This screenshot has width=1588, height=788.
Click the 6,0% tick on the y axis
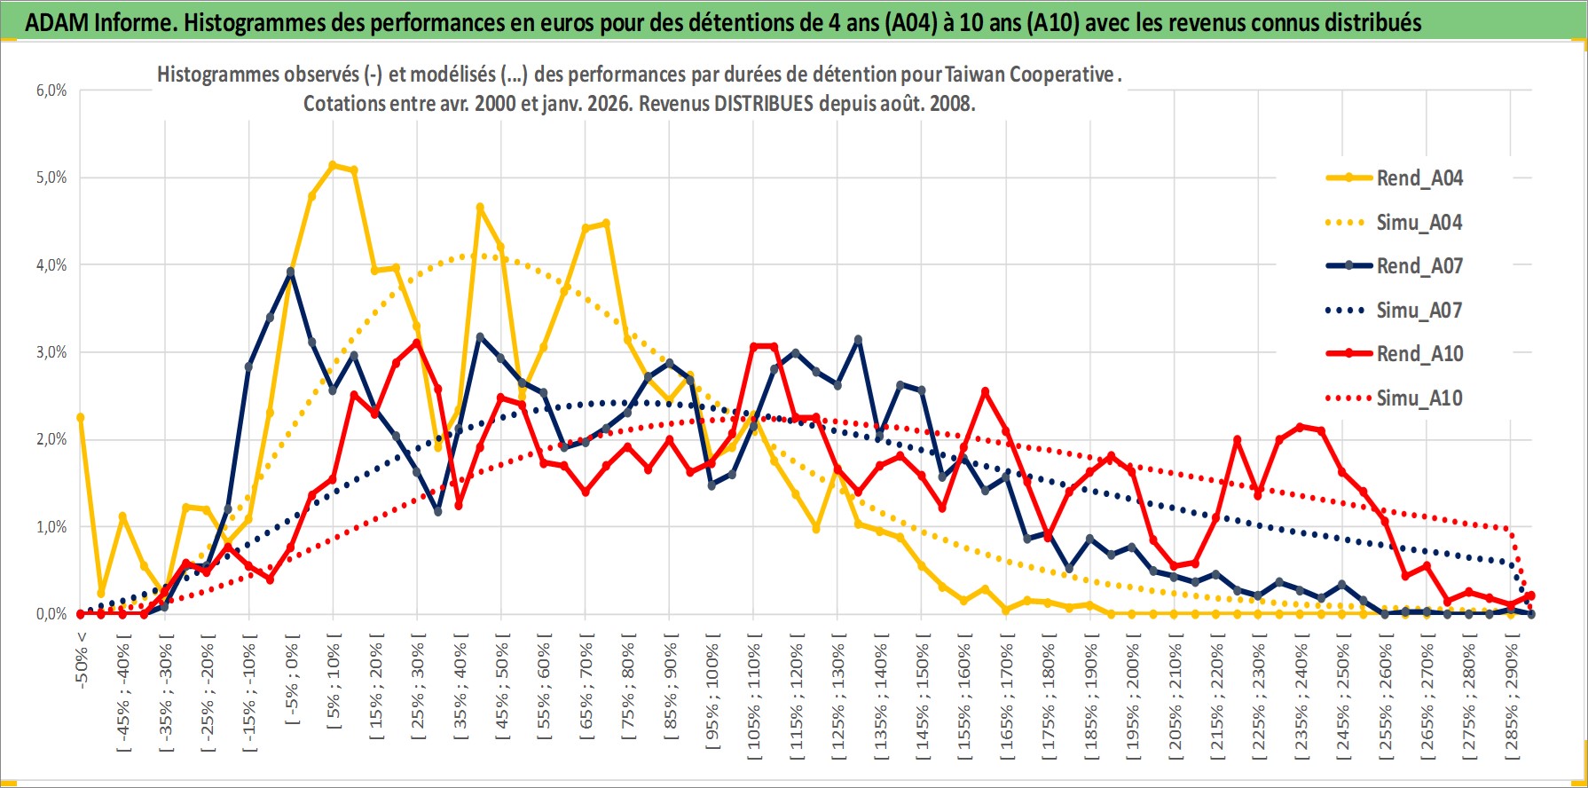pyautogui.click(x=51, y=91)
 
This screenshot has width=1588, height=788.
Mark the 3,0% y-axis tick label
pyautogui.click(x=51, y=352)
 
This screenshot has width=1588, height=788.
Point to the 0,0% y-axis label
pyautogui.click(x=51, y=614)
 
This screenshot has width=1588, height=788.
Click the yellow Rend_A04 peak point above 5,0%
pyautogui.click(x=333, y=165)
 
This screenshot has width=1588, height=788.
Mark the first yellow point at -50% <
pyautogui.click(x=81, y=417)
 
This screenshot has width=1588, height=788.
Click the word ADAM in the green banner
pyautogui.click(x=56, y=22)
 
